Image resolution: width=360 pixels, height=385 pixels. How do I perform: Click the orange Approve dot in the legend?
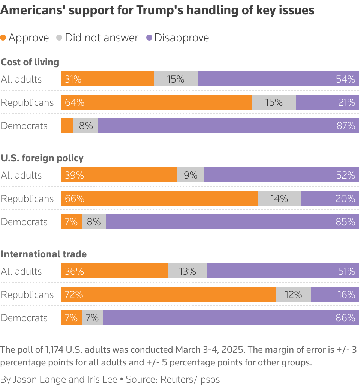[3, 38]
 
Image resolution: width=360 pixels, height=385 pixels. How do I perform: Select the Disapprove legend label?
[181, 38]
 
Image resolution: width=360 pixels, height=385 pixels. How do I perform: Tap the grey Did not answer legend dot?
[59, 38]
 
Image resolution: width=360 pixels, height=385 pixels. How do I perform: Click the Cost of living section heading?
[30, 62]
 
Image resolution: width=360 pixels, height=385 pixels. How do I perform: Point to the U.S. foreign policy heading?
[42, 158]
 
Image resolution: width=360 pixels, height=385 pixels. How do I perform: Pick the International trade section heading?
[44, 254]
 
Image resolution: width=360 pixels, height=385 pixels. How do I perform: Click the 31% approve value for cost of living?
[73, 79]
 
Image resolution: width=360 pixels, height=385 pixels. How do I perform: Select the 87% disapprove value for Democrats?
[346, 126]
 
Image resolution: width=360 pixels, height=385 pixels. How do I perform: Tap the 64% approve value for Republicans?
[74, 102]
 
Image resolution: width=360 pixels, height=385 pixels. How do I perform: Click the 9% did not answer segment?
[190, 175]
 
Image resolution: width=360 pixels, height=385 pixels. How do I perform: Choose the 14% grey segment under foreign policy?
[279, 199]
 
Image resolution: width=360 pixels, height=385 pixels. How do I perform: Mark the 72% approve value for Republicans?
[74, 295]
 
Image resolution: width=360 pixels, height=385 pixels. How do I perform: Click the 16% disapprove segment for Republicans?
[335, 295]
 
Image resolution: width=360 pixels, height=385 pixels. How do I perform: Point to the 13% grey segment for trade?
[187, 271]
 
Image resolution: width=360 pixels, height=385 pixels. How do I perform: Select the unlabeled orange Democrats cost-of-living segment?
[67, 126]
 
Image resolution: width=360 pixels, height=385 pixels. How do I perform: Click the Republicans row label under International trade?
[27, 295]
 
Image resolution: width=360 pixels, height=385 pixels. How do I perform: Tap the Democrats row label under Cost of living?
[24, 126]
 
